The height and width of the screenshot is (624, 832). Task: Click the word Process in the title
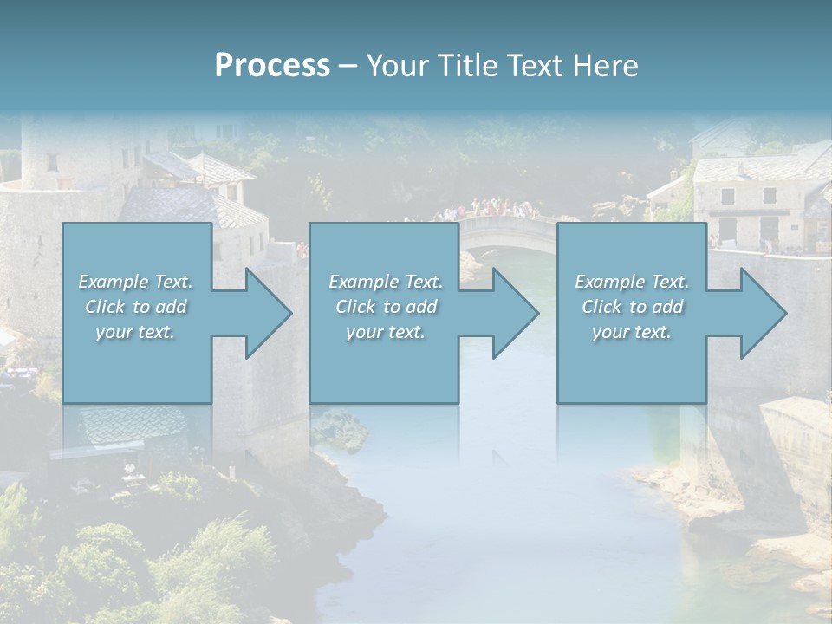pos(272,66)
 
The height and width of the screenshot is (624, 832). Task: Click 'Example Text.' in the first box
pos(135,282)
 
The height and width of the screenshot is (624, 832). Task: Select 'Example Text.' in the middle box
pos(386,282)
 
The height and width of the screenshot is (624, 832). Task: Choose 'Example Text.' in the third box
pos(632,282)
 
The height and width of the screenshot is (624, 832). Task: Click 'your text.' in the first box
pos(135,332)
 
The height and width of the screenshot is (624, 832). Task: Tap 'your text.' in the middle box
pos(386,332)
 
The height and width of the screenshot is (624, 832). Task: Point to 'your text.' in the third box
pos(632,332)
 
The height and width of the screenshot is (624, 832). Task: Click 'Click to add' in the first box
pos(135,307)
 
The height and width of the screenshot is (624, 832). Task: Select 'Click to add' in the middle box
pos(386,307)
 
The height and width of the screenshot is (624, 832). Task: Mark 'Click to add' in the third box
pos(632,307)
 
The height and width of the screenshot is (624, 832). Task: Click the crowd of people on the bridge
pos(491,209)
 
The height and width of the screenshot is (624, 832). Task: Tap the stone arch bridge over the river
pos(507,231)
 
